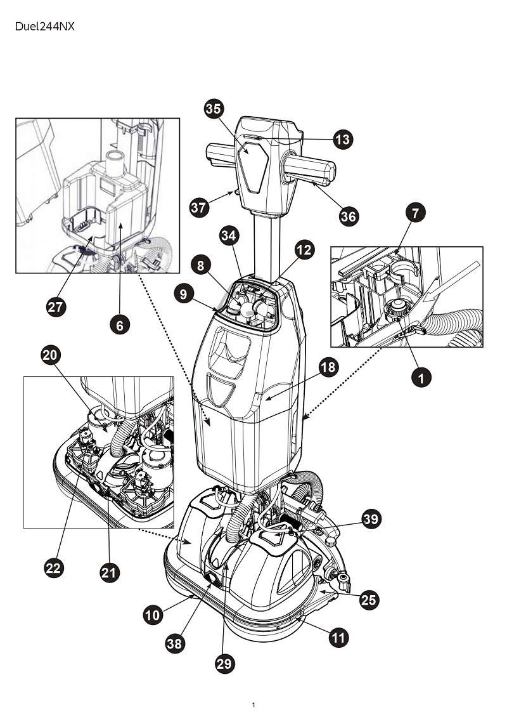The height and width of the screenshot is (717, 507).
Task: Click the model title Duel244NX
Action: (45, 27)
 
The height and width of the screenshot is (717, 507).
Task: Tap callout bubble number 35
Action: (214, 109)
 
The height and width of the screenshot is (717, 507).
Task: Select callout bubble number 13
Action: (343, 139)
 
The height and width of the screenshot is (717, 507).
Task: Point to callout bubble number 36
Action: (349, 216)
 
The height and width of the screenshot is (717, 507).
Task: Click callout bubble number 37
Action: (199, 207)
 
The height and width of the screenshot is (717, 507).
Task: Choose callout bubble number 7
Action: (415, 213)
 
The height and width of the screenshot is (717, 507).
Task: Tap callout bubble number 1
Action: (421, 378)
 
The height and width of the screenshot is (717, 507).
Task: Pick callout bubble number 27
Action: (56, 307)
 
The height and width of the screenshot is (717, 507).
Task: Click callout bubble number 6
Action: (120, 325)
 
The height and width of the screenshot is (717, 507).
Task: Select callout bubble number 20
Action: (51, 355)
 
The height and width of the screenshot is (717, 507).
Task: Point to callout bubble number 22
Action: (53, 568)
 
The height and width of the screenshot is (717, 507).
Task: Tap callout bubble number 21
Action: (109, 572)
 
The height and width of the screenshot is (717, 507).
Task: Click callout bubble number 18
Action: (328, 367)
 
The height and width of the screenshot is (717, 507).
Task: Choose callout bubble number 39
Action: (371, 519)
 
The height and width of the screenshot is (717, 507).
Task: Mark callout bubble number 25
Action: (369, 600)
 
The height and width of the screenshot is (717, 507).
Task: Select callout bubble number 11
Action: (338, 638)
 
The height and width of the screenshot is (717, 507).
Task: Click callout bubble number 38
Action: (174, 644)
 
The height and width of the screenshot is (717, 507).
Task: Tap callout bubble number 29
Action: (224, 664)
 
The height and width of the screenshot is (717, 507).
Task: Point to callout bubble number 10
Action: (153, 615)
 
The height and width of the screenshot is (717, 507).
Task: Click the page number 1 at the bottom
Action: (253, 705)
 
